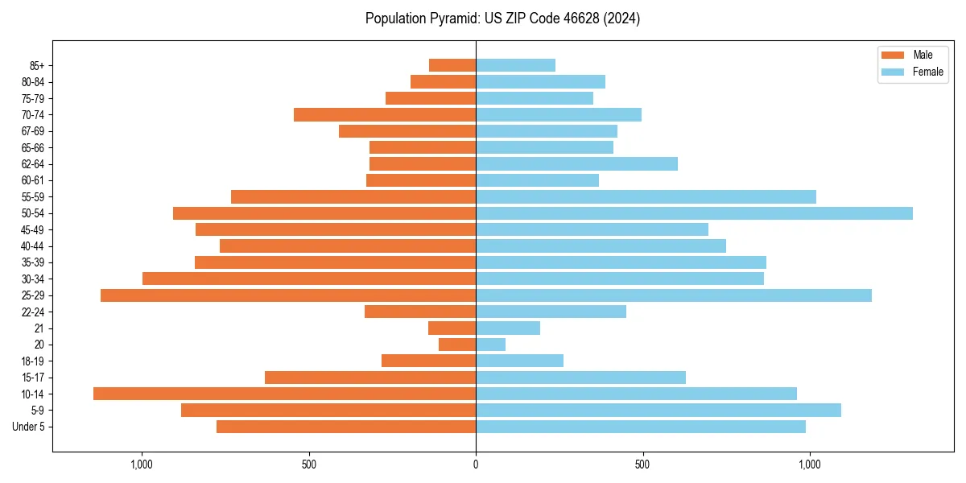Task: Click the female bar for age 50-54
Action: (694, 213)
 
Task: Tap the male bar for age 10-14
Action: (284, 394)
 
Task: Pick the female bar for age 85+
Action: (515, 65)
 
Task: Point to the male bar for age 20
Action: (457, 345)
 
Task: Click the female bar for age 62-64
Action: (576, 164)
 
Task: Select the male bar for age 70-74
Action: (385, 115)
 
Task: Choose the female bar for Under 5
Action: (641, 427)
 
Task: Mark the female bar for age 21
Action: (508, 328)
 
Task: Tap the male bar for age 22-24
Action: (420, 312)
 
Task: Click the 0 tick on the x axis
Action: (476, 464)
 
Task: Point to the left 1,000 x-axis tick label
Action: (142, 464)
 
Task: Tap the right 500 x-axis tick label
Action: (642, 464)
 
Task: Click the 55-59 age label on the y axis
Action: (33, 197)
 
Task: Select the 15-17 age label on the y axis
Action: (33, 378)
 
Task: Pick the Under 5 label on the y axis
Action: (29, 427)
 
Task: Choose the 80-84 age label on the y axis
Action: (33, 82)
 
